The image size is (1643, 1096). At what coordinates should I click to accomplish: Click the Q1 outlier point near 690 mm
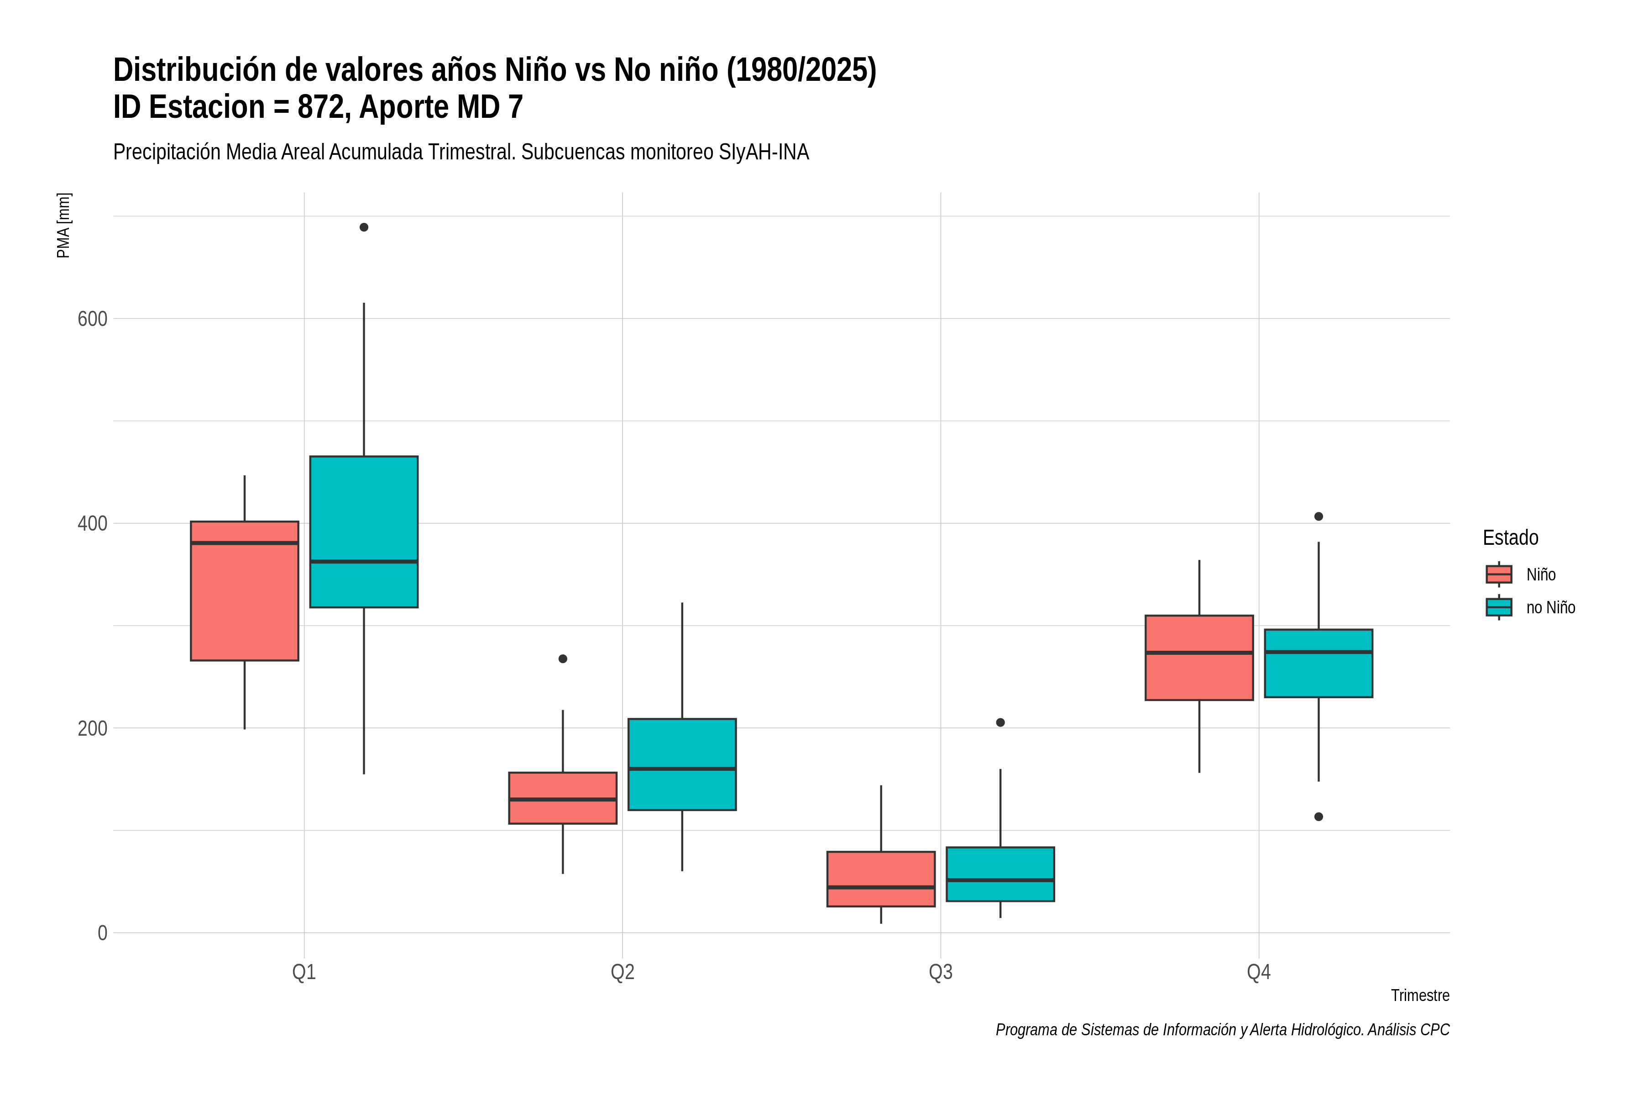[x=364, y=227]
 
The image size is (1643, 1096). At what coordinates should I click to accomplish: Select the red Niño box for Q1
[x=245, y=590]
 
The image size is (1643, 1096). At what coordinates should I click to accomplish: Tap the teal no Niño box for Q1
[x=364, y=532]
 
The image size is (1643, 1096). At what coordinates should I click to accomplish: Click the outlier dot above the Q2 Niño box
[x=563, y=659]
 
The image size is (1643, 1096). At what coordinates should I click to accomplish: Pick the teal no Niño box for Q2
[x=682, y=764]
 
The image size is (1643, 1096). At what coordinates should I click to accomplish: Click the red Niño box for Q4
[x=1199, y=658]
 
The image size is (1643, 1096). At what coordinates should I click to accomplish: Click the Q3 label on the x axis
[x=941, y=972]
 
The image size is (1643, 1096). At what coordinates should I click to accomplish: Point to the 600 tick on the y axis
[x=92, y=319]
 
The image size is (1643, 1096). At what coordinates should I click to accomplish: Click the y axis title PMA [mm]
[x=63, y=226]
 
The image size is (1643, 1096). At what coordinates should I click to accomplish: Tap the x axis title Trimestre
[x=1420, y=996]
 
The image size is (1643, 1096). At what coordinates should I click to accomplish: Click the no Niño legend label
[x=1551, y=607]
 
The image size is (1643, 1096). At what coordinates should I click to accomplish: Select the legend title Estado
[x=1510, y=537]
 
